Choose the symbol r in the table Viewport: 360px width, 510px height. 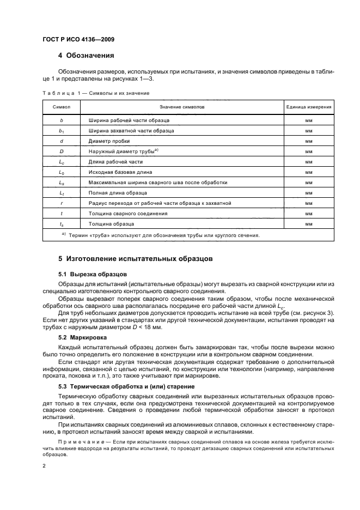[61, 204]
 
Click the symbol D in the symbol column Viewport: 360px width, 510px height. [61, 151]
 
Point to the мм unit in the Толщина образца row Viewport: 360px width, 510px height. [308, 224]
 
